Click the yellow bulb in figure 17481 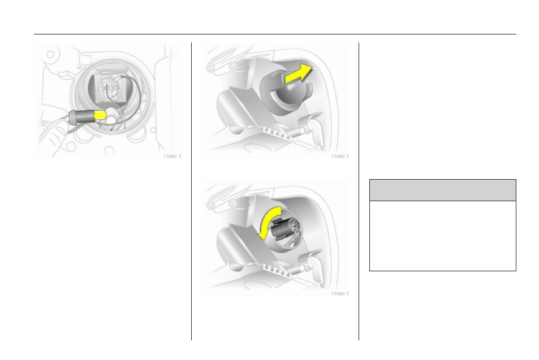(100, 115)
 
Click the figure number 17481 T (172, 157)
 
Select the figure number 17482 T (340, 157)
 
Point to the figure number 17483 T (340, 294)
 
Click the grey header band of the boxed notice (443, 190)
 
